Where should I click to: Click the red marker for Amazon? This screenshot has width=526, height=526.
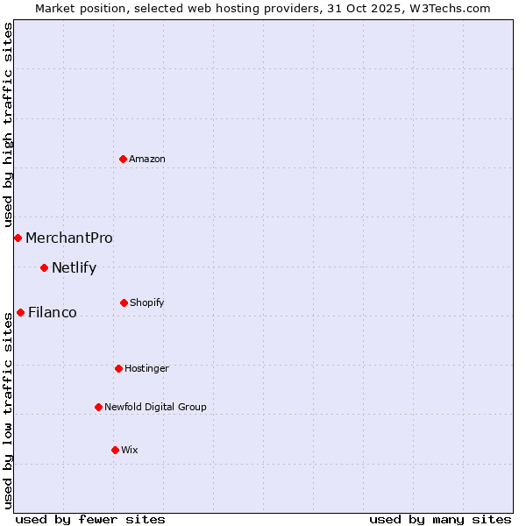pyautogui.click(x=124, y=159)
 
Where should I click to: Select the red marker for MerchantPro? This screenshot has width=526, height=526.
pyautogui.click(x=18, y=238)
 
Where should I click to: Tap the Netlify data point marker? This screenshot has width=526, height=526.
pyautogui.click(x=44, y=267)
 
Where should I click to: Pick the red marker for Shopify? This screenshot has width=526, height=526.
pyautogui.click(x=124, y=302)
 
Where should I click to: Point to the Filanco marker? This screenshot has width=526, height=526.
pyautogui.click(x=20, y=312)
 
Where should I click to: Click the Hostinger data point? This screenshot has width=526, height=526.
pyautogui.click(x=118, y=368)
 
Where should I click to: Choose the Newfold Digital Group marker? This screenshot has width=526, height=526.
pyautogui.click(x=98, y=407)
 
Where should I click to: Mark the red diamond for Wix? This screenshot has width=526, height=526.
pyautogui.click(x=115, y=450)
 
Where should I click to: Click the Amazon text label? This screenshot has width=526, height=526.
pyautogui.click(x=147, y=159)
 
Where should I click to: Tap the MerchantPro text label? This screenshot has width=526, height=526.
pyautogui.click(x=69, y=238)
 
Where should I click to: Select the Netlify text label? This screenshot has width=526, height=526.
pyautogui.click(x=75, y=267)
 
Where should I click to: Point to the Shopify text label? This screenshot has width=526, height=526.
pyautogui.click(x=147, y=302)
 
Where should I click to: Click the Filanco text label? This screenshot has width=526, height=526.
pyautogui.click(x=53, y=312)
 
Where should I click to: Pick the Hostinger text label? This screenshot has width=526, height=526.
pyautogui.click(x=146, y=368)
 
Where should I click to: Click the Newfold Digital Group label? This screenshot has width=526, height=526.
pyautogui.click(x=156, y=407)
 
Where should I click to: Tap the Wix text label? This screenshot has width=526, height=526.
pyautogui.click(x=130, y=450)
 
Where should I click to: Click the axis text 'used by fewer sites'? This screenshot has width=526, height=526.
pyautogui.click(x=90, y=519)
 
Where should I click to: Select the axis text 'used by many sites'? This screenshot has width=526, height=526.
pyautogui.click(x=440, y=519)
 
